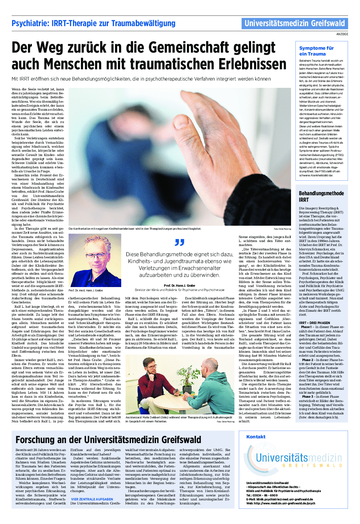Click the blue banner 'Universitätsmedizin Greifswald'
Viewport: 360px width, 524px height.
294,24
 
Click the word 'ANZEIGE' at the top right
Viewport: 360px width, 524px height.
342,34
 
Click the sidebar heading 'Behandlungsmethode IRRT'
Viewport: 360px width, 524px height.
321,196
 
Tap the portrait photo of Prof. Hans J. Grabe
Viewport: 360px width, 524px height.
95,261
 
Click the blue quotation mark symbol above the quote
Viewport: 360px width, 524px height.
179,242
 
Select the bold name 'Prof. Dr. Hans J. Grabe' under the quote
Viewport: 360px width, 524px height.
179,286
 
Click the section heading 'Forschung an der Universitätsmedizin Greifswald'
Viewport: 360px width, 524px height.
108,440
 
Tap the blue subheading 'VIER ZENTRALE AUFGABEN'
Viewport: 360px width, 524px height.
92,499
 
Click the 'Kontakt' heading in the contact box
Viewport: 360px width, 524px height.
256,437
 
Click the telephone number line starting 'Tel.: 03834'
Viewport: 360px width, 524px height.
262,495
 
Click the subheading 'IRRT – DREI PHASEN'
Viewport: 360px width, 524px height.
314,323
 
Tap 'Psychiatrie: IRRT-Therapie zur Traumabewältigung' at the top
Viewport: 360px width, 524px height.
93,24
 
